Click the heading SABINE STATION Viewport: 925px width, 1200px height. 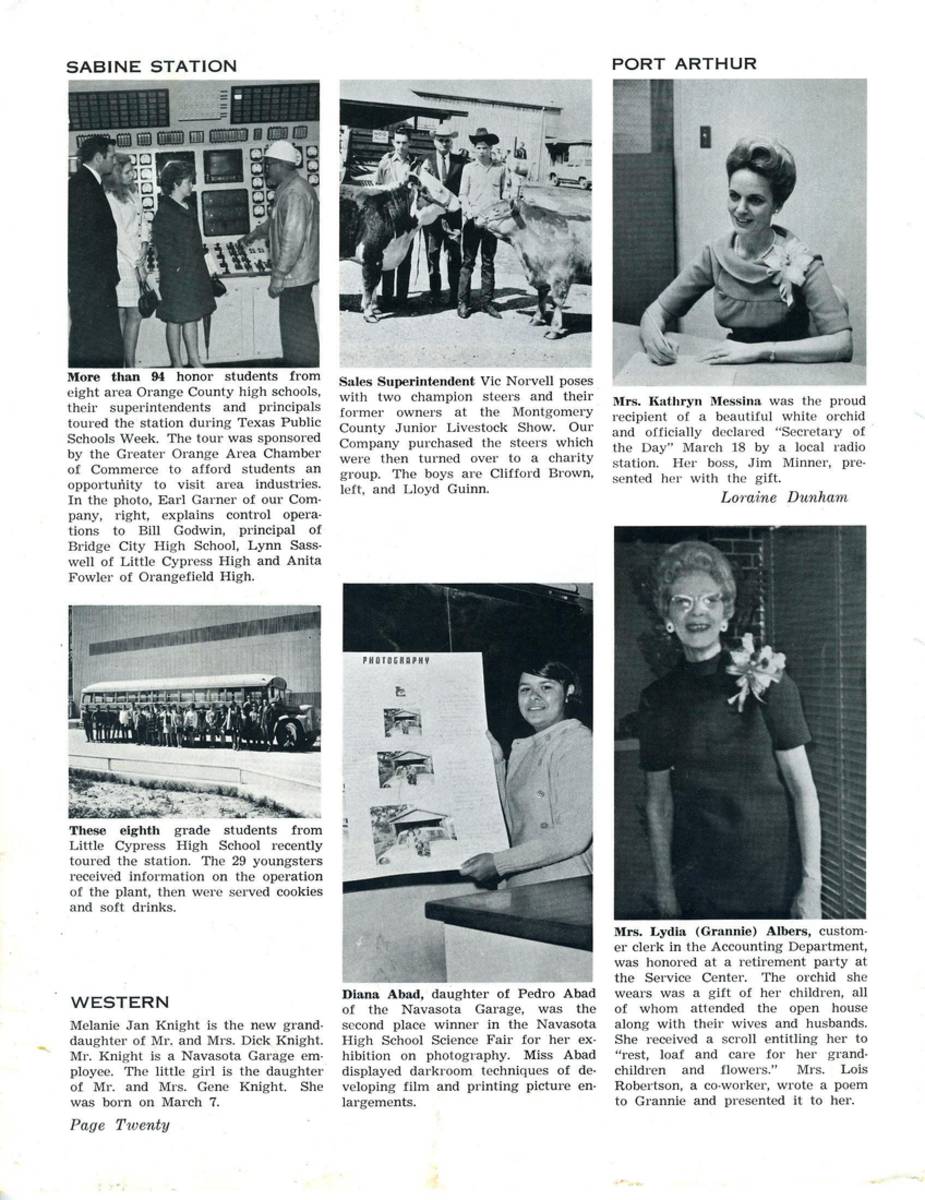point(151,67)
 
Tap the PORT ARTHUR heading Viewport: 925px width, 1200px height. point(684,64)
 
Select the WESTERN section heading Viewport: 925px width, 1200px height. point(120,1002)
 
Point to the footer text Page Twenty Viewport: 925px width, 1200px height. point(120,1125)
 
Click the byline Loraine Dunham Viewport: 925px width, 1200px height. point(783,497)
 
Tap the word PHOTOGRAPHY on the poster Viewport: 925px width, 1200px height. point(396,661)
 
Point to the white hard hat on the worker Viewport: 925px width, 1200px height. point(283,153)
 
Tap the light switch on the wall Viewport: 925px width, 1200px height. point(705,136)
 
